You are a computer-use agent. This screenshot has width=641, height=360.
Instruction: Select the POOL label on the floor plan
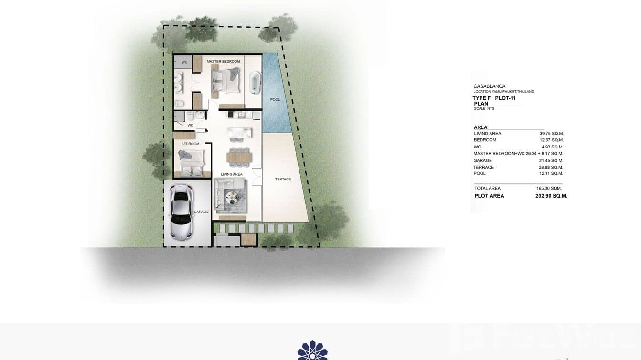275,99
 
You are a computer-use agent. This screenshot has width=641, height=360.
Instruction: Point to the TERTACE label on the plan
283,179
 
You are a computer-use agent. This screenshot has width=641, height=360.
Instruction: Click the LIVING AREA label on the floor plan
231,174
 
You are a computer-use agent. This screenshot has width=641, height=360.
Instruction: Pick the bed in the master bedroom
224,80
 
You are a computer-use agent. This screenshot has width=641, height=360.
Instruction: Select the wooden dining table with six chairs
237,156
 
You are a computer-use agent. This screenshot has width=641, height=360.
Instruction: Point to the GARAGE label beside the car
201,212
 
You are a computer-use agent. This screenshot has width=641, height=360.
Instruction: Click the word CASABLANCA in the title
489,86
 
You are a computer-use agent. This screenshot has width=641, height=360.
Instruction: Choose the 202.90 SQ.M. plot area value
551,196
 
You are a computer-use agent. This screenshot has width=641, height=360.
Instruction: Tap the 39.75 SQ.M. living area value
551,134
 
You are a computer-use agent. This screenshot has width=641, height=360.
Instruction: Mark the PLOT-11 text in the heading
505,98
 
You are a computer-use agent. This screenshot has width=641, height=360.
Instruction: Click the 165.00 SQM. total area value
549,188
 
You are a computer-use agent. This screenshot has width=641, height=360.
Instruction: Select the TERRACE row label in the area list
483,167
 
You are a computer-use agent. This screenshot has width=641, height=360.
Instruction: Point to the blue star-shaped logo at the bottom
312,350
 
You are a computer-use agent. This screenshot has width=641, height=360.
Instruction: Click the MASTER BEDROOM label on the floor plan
223,62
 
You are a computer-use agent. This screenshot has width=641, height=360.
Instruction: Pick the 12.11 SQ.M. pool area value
551,173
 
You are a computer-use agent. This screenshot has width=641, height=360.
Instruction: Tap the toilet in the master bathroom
178,104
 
